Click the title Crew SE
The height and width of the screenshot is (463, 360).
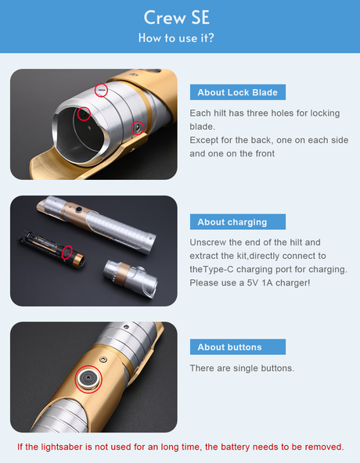click(x=176, y=17)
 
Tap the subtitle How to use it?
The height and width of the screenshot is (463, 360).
click(x=176, y=38)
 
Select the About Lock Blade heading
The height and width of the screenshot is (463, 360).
click(x=238, y=92)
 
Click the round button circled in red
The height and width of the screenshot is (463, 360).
click(x=88, y=379)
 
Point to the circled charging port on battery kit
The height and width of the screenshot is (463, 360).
click(x=67, y=253)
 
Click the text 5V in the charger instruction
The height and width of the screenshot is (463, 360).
click(x=253, y=283)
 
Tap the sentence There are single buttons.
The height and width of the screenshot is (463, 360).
click(x=242, y=368)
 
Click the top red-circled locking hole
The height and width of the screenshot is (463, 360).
click(x=102, y=89)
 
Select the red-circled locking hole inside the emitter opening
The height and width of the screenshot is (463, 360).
click(x=84, y=113)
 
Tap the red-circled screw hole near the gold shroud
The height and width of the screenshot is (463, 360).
click(x=138, y=127)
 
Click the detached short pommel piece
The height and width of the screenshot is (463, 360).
click(x=131, y=278)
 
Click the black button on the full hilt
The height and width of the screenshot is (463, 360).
click(x=78, y=210)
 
